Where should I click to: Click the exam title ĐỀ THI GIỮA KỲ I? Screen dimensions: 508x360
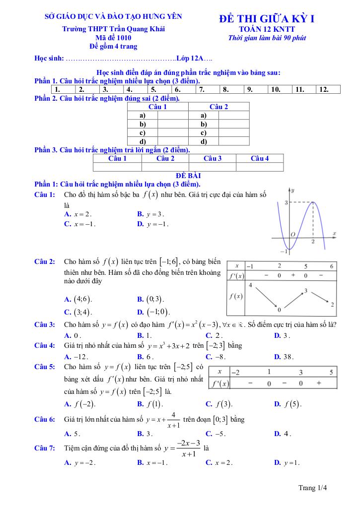267,19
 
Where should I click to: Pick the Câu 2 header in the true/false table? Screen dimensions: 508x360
218,107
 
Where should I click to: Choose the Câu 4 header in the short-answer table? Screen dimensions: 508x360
260,158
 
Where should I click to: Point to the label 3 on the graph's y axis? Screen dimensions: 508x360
287,202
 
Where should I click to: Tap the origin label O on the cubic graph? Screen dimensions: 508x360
293,234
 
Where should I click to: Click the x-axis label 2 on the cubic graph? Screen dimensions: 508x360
313,242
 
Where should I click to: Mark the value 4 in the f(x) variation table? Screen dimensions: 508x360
250,285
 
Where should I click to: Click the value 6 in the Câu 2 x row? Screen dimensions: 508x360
331,265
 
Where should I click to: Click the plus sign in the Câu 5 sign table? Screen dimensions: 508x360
318,383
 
